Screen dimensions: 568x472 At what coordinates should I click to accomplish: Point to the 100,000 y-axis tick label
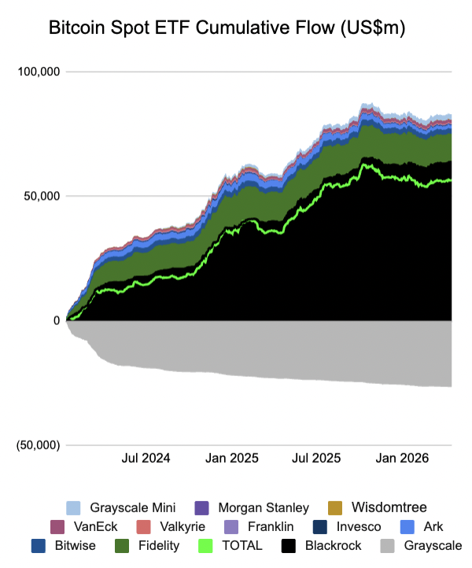point(39,72)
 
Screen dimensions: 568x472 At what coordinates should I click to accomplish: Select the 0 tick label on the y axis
point(56,320)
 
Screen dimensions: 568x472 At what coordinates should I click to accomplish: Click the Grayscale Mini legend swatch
point(74,507)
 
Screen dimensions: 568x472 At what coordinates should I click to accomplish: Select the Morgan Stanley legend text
point(263,507)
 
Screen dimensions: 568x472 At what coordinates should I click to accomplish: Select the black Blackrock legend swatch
point(290,545)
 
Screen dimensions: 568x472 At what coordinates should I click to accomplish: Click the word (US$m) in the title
point(364,28)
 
